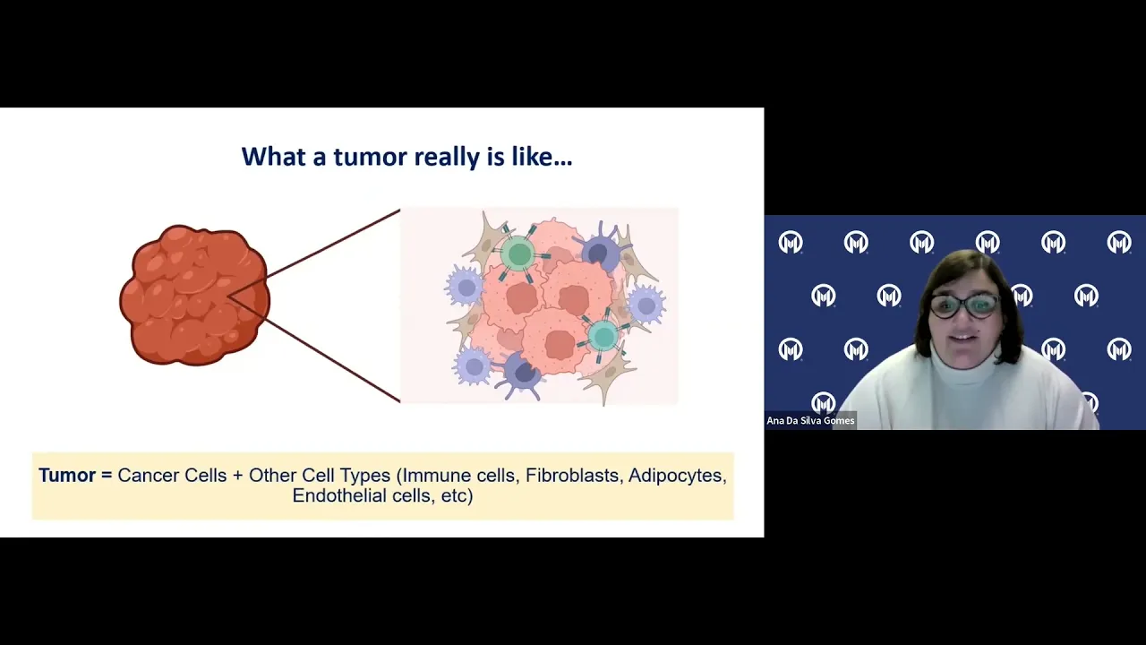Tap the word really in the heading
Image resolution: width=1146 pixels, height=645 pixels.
click(x=447, y=158)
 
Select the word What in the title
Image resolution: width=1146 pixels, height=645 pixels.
click(x=274, y=156)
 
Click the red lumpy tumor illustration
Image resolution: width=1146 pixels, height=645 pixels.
click(x=194, y=296)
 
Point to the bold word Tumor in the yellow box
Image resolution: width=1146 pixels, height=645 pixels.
click(x=67, y=476)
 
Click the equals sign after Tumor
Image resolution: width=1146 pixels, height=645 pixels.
click(x=107, y=476)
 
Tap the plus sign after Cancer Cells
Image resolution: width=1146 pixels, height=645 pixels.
click(x=237, y=476)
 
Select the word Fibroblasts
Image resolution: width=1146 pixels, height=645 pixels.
click(x=572, y=476)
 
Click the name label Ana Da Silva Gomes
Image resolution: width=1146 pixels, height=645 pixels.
click(x=810, y=421)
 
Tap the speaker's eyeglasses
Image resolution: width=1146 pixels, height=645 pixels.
click(x=964, y=306)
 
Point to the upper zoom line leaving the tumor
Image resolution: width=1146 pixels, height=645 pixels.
click(x=333, y=243)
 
